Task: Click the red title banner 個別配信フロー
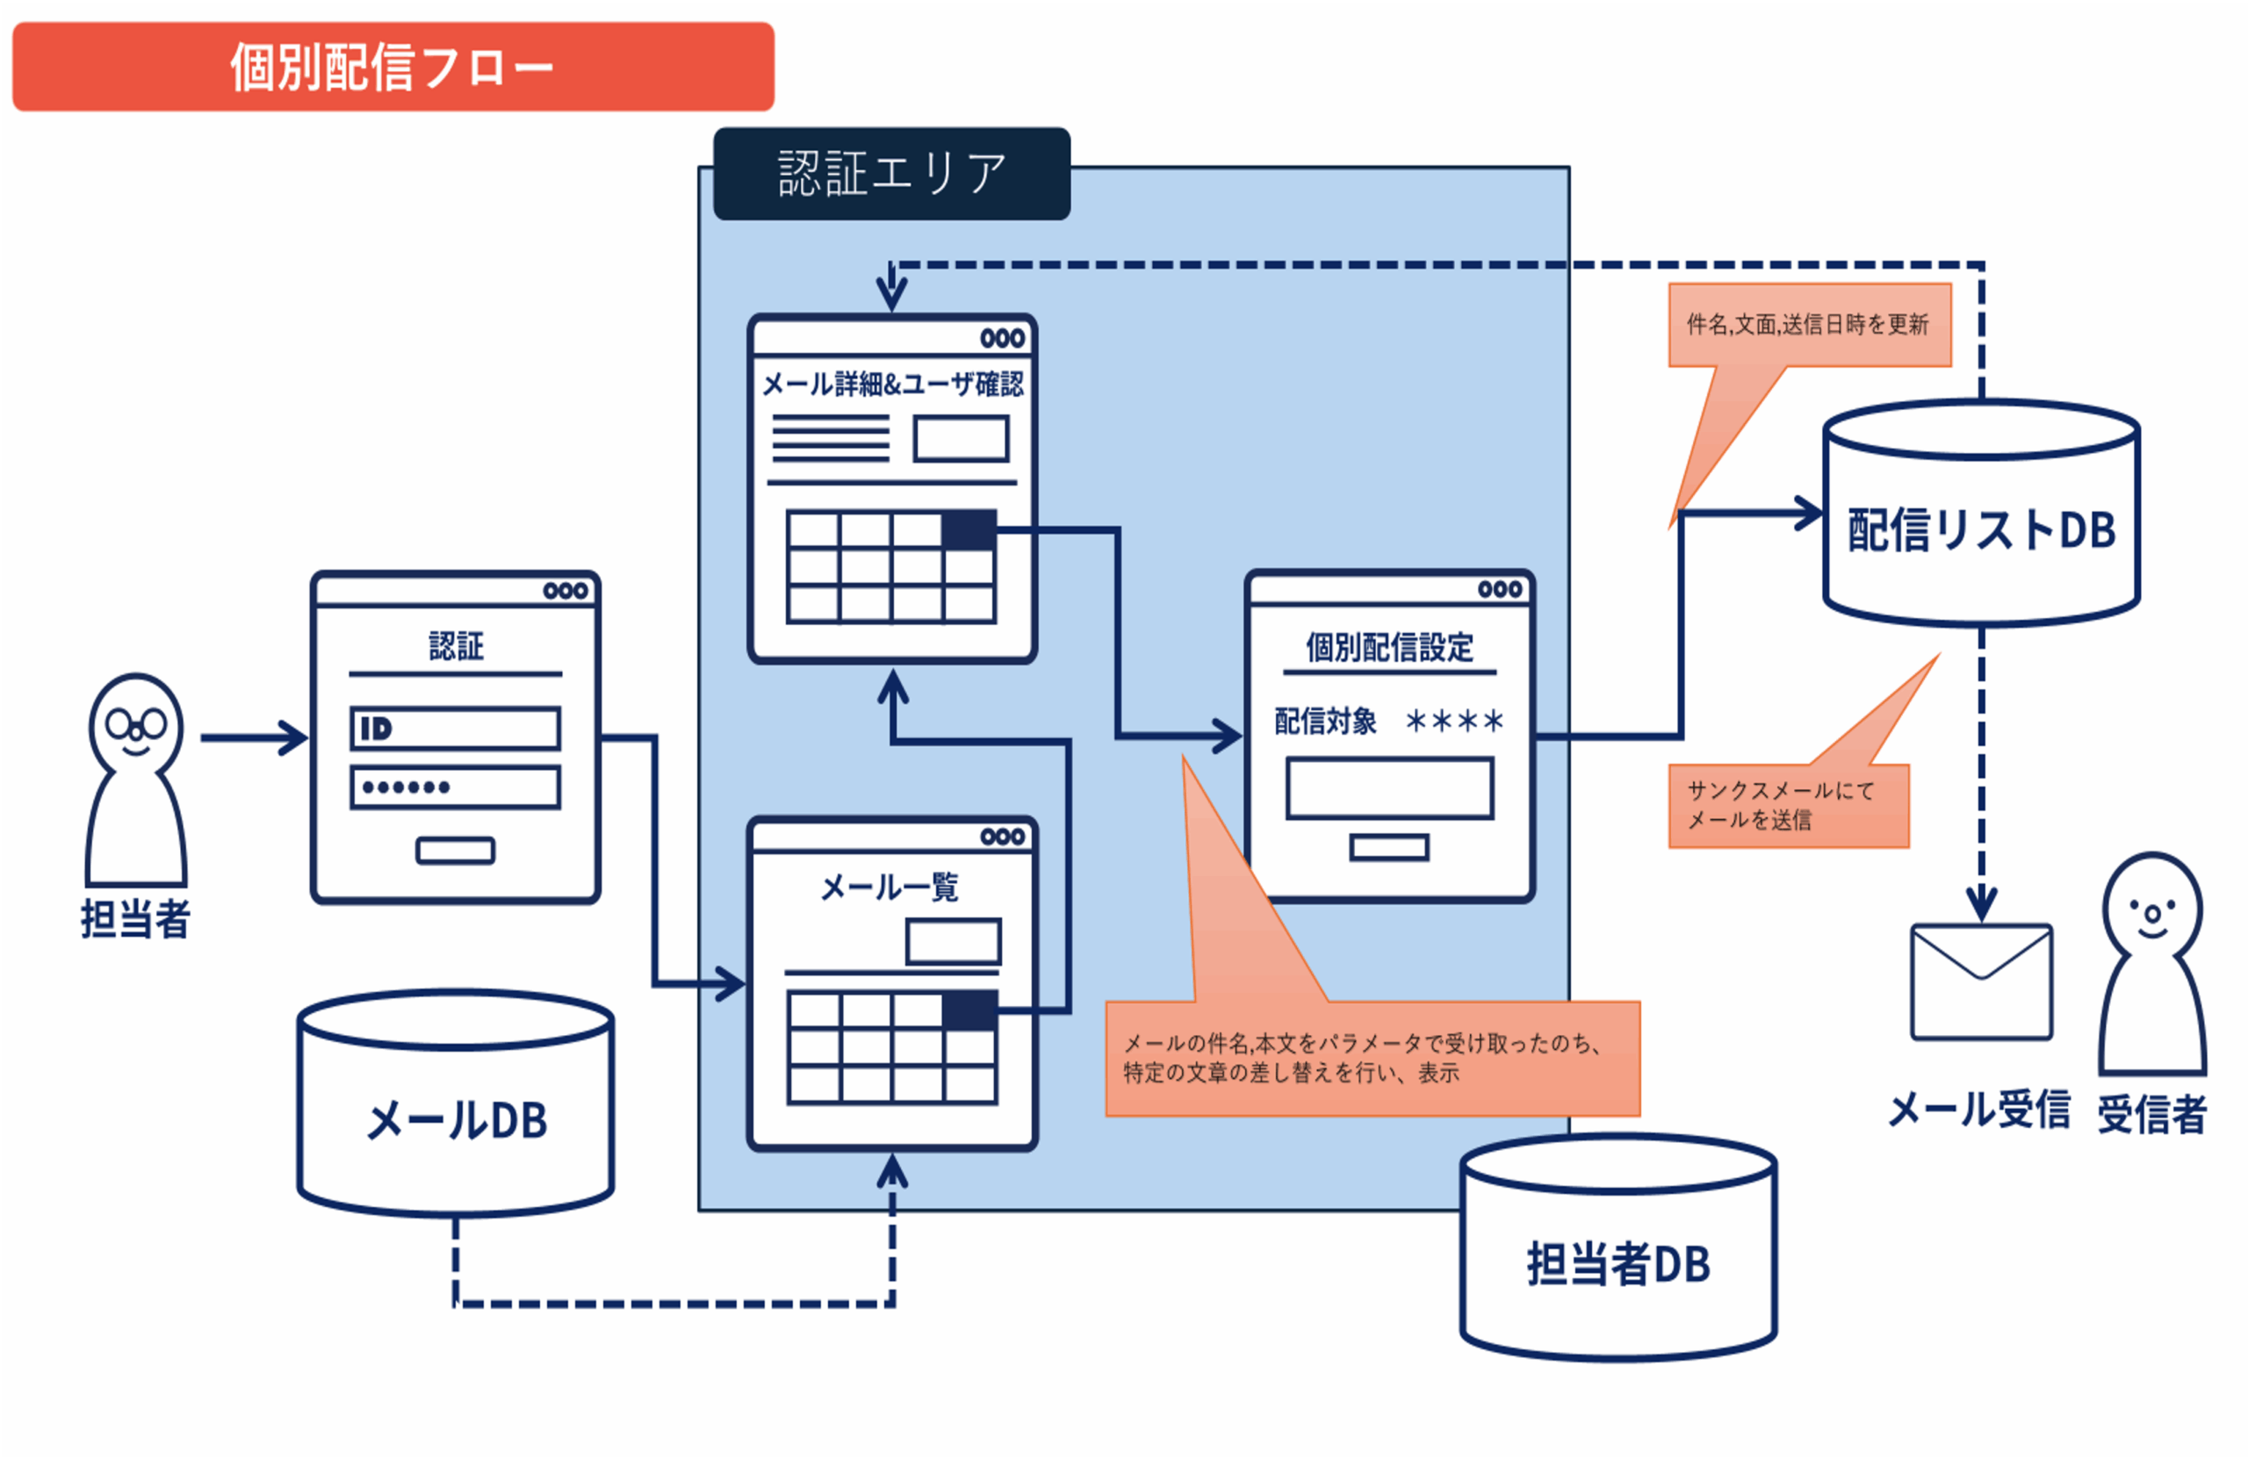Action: coord(392,67)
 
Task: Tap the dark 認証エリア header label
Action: coord(891,174)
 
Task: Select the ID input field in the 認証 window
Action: coord(455,729)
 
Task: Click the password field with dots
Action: coord(455,787)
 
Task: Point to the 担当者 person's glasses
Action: coord(136,725)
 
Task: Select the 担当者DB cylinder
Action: coord(1618,1248)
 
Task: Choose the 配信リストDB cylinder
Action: coord(1981,514)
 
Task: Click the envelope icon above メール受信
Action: coord(1981,982)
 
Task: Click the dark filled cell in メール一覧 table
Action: coord(970,1010)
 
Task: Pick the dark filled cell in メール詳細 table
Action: coord(969,529)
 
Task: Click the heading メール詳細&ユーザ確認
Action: coord(892,385)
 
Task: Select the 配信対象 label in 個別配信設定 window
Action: coord(1325,722)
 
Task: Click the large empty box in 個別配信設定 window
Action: coord(1389,787)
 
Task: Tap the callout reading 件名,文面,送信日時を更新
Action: coord(1809,325)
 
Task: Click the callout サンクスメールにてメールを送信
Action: coord(1788,806)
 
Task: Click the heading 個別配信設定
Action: coord(1389,648)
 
